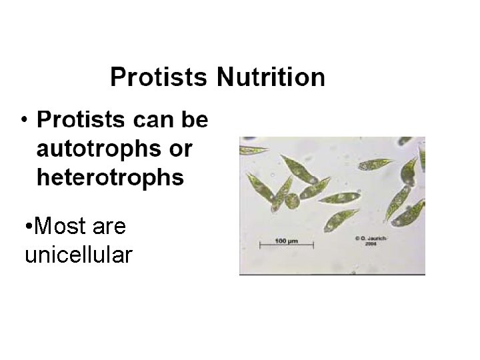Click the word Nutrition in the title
pyautogui.click(x=270, y=77)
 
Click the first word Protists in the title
pyautogui.click(x=160, y=77)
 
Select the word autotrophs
pyautogui.click(x=96, y=149)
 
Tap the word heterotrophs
pyautogui.click(x=110, y=177)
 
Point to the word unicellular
pyautogui.click(x=78, y=254)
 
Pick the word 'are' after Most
pyautogui.click(x=109, y=227)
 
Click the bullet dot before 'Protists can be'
pyautogui.click(x=23, y=121)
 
